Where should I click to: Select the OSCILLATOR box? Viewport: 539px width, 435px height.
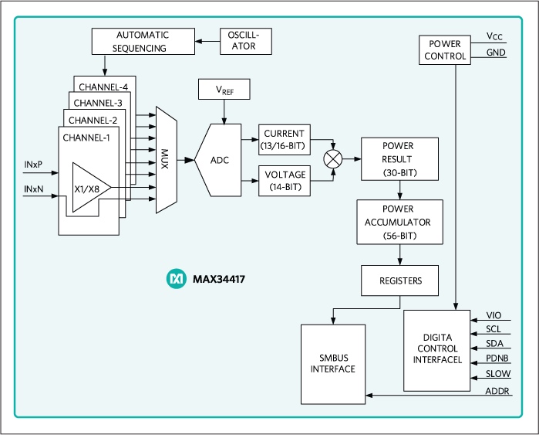248,42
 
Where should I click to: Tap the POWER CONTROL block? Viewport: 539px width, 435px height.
447,49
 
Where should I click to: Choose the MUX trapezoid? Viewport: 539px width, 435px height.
166,160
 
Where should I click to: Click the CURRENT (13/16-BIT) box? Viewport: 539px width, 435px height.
285,138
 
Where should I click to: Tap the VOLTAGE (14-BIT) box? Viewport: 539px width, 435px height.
285,180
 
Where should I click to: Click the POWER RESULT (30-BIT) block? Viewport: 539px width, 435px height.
399,159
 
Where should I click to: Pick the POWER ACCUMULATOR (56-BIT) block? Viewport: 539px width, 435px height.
399,222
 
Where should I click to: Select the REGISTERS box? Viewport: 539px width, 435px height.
399,280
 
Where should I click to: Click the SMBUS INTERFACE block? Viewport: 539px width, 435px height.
332,363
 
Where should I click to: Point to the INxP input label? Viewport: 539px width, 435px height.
33,164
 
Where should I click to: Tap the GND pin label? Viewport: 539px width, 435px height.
496,53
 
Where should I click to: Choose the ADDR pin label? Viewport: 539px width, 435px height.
496,391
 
